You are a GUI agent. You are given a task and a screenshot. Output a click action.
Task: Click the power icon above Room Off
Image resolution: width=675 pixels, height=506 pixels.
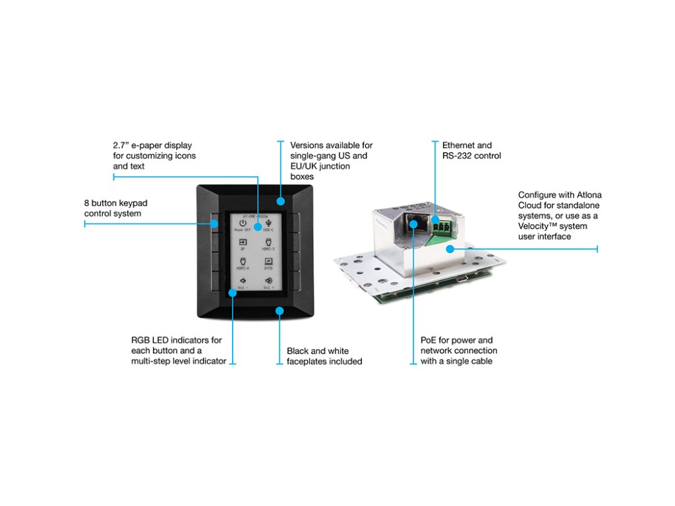(242, 223)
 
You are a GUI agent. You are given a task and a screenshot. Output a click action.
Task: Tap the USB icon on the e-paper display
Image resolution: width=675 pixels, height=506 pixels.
(268, 223)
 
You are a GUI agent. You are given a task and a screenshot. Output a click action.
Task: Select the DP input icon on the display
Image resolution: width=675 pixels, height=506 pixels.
(242, 243)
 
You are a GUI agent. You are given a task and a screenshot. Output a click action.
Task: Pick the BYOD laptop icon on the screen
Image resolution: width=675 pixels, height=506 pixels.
(268, 263)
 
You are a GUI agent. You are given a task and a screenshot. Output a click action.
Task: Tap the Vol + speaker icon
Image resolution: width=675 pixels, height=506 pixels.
(268, 281)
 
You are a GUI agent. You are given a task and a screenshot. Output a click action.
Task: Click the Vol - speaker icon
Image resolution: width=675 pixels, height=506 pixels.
(242, 281)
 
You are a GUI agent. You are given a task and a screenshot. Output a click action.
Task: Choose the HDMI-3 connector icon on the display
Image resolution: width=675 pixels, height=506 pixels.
(268, 243)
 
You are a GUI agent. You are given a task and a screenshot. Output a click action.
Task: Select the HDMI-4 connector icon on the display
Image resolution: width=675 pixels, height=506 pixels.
(242, 263)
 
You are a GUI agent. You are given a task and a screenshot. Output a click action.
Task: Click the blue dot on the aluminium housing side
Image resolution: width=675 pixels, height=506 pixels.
(451, 248)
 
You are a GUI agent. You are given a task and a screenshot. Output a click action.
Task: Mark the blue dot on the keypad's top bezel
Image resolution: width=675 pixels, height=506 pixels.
(279, 202)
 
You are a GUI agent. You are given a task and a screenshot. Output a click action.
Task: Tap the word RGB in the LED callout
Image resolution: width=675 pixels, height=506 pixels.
(141, 340)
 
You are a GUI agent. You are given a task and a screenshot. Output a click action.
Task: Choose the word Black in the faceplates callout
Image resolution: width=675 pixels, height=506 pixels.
(299, 351)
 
